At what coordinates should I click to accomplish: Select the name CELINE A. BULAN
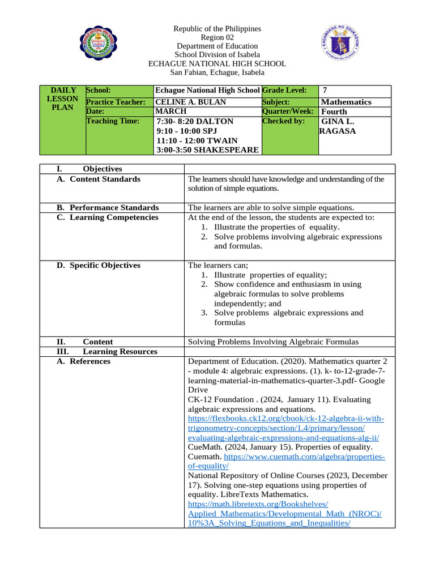pos(190,102)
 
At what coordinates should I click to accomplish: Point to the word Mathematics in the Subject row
pos(346,102)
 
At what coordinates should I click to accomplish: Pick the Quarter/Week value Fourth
pos(334,112)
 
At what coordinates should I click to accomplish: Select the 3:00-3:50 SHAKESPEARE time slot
pos(207,150)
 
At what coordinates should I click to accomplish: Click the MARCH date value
pos(170,112)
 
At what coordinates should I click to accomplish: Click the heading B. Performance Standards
pos(108,207)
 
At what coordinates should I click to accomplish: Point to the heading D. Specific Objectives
pos(99,265)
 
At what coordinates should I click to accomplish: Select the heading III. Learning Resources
pos(107,351)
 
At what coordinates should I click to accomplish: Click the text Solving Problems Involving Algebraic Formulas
pos(273,342)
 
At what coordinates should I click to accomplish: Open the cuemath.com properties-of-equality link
pos(304,457)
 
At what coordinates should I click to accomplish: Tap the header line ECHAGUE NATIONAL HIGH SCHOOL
pos(217,64)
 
